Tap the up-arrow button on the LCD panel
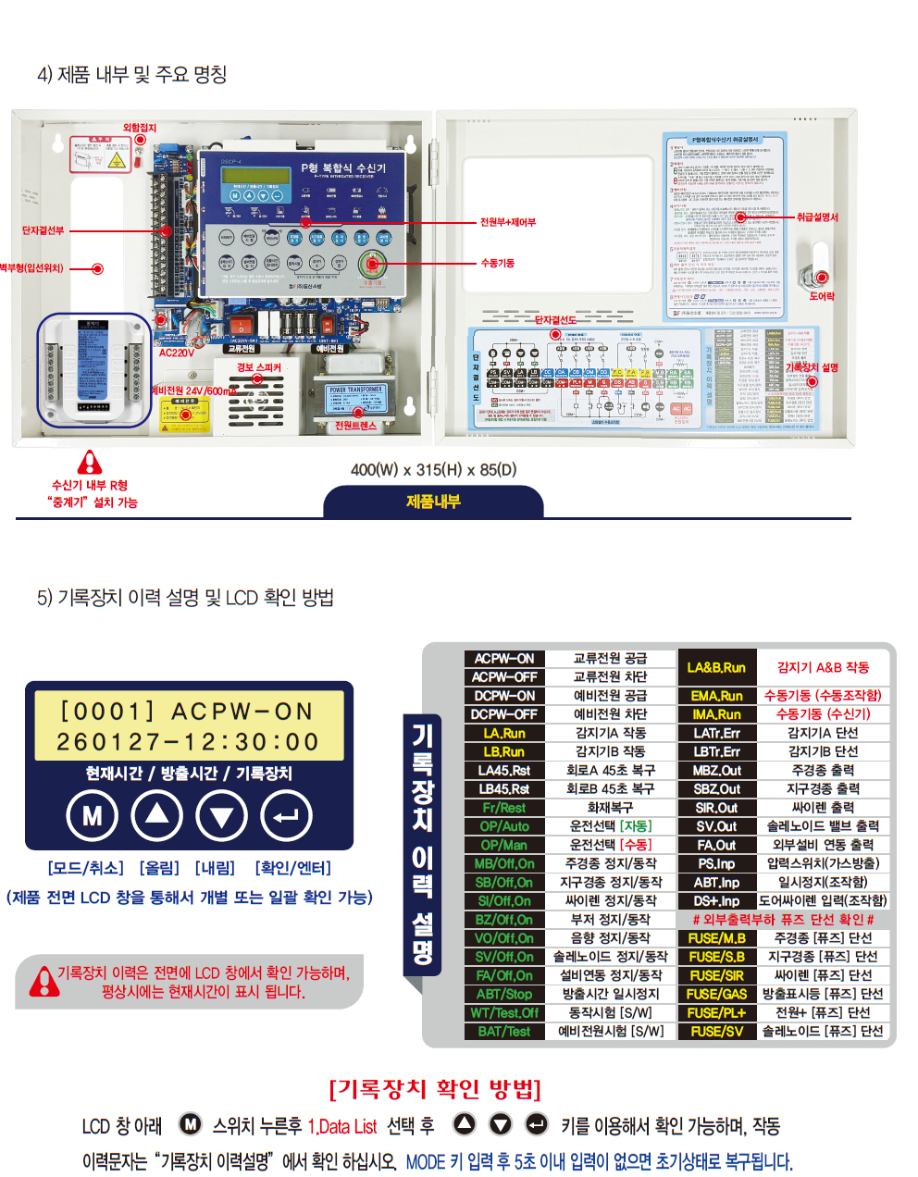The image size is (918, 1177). (x=157, y=815)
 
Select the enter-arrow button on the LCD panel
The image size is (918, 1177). (x=287, y=815)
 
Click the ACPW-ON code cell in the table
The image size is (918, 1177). (x=504, y=659)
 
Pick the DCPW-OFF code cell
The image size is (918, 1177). (x=504, y=714)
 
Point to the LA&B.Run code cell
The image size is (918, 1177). (x=716, y=667)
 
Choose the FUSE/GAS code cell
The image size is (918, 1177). (x=716, y=994)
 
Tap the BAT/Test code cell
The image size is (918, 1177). (x=504, y=1031)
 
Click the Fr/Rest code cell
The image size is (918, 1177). (x=504, y=808)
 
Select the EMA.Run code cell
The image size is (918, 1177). (x=716, y=696)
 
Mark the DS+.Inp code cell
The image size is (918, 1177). (x=716, y=900)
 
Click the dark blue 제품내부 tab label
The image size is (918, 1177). (x=433, y=502)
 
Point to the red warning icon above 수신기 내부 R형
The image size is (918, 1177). (x=89, y=462)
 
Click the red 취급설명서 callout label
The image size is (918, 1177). (x=817, y=217)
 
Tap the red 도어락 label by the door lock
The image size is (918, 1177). (x=822, y=296)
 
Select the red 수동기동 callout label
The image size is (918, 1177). (x=498, y=264)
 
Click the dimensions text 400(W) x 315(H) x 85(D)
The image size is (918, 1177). (x=433, y=470)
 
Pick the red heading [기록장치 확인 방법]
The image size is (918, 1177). (x=435, y=1089)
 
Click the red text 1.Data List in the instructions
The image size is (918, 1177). (x=342, y=1126)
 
